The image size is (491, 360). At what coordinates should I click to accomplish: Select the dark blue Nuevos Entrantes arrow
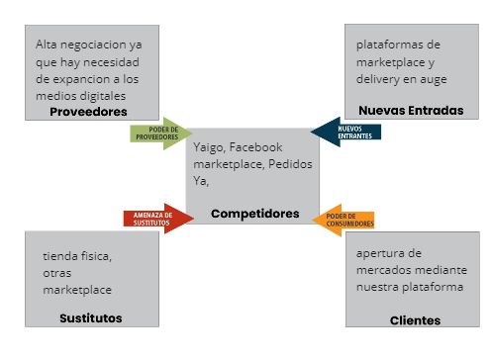coord(341,132)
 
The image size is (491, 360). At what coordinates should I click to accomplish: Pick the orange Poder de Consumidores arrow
coord(344,220)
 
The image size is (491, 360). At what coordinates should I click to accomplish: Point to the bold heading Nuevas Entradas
coord(411,110)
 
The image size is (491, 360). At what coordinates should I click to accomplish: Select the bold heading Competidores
coord(254,213)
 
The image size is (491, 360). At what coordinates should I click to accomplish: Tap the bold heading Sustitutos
coord(90,317)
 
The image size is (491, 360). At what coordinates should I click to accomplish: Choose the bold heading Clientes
coord(415,319)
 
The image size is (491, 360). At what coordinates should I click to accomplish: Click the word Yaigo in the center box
coord(209,147)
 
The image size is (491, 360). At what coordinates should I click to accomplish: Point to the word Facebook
coord(255,147)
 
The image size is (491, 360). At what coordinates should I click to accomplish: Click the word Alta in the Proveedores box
coord(47,45)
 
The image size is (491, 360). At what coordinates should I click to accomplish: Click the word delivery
coord(379,78)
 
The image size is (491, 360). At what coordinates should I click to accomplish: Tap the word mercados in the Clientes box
coord(387,270)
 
